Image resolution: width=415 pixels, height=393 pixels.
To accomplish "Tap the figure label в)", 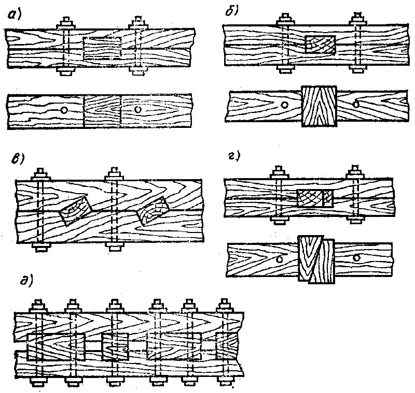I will (19, 158).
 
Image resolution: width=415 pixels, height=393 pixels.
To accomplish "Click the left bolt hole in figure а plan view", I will (63, 110).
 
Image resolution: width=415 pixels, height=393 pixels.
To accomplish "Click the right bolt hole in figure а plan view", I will (137, 110).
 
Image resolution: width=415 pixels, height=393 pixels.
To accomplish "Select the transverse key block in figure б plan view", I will (319, 106).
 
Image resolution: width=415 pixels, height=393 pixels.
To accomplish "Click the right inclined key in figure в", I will (154, 211).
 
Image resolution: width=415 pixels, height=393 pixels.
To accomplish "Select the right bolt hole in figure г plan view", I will (356, 257).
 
